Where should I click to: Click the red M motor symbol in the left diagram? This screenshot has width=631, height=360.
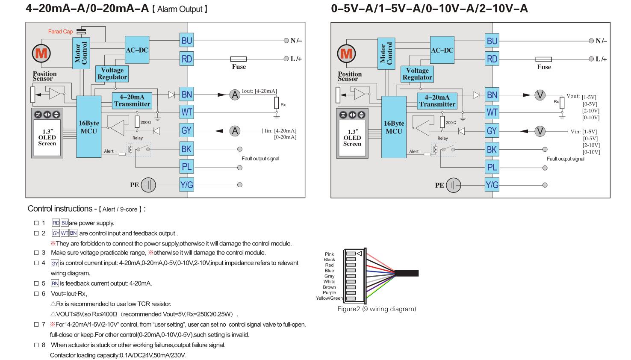[x=41, y=53]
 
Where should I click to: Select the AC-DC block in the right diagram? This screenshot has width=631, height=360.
[x=442, y=50]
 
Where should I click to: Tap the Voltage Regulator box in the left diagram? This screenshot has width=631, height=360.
[x=112, y=74]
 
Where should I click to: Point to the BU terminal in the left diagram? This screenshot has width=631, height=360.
[x=187, y=41]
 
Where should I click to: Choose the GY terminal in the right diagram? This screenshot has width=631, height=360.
[x=492, y=131]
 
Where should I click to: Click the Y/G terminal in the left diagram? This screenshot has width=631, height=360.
[x=187, y=185]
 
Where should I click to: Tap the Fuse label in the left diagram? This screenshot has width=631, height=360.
[x=239, y=67]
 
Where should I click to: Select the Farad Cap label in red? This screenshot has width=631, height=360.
[x=60, y=32]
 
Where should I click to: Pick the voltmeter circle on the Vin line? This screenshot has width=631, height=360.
[x=540, y=131]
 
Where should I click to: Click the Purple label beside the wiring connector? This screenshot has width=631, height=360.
[x=329, y=293]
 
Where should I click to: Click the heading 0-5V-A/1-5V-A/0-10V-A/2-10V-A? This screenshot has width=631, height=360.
[x=429, y=8]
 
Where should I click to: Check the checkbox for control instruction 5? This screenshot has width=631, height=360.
[x=36, y=283]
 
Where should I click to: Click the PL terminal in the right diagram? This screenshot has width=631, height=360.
[x=492, y=167]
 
